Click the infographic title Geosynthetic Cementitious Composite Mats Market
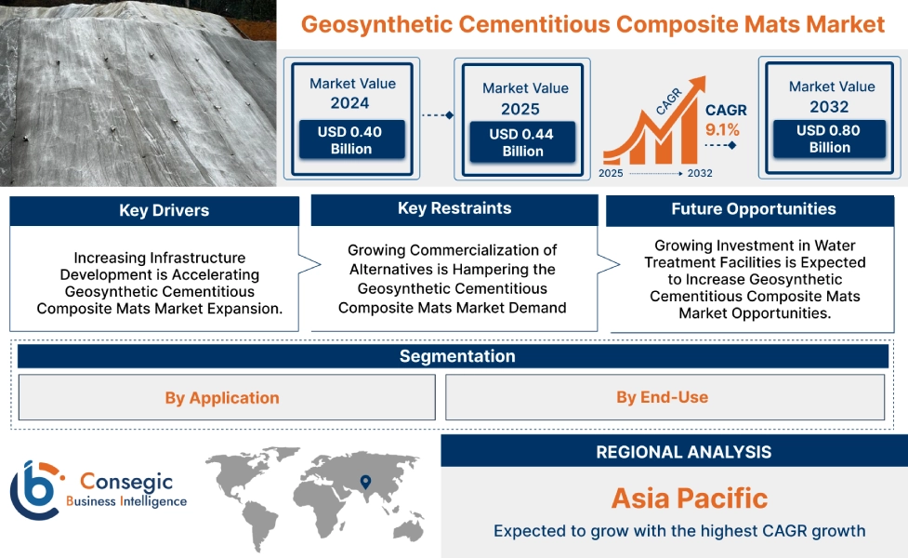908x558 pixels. (x=592, y=24)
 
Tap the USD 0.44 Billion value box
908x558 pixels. (x=521, y=142)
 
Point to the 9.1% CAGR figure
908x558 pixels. (x=722, y=129)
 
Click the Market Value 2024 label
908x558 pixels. (x=351, y=93)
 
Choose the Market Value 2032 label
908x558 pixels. (x=831, y=96)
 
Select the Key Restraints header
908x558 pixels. (x=454, y=209)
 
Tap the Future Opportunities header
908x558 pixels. (x=753, y=210)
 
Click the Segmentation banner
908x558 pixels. (x=456, y=357)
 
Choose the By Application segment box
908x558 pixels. (x=222, y=398)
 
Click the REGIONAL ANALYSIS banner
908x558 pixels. (x=683, y=453)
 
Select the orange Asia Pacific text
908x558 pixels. (x=689, y=498)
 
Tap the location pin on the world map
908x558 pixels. (x=365, y=482)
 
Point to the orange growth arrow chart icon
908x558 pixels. (x=650, y=129)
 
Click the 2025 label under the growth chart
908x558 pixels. (x=611, y=174)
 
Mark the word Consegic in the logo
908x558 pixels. (x=125, y=481)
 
